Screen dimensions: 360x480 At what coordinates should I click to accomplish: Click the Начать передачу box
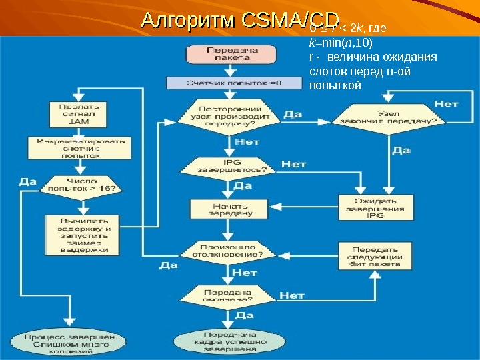click(224, 210)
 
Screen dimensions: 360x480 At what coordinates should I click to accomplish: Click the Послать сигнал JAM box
click(79, 114)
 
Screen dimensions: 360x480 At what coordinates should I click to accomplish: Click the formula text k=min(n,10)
click(341, 43)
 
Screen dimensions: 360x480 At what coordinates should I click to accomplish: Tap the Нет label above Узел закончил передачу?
click(446, 103)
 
